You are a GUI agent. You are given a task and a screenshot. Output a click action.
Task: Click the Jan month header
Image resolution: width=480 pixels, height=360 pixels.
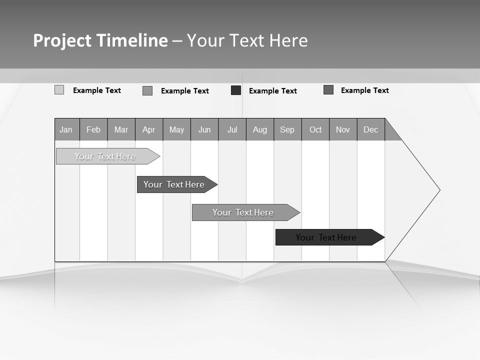66,129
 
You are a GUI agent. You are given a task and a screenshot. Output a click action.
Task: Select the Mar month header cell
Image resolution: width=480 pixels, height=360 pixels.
121,129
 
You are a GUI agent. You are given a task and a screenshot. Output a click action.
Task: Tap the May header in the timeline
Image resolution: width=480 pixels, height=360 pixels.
176,129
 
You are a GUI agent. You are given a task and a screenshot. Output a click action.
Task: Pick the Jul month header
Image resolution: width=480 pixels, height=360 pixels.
232,129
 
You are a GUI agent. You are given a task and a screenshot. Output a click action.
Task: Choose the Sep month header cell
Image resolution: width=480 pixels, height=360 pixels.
287,129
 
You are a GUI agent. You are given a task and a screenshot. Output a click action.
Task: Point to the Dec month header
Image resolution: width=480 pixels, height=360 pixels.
370,129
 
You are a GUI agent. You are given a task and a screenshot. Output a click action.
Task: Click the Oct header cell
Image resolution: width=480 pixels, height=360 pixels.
315,129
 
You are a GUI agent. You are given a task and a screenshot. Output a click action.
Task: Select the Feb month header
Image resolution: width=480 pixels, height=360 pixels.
93,129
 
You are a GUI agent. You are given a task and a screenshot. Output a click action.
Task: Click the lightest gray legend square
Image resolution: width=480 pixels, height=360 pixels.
59,90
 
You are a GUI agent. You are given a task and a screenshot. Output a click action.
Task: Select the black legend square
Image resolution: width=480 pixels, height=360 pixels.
236,90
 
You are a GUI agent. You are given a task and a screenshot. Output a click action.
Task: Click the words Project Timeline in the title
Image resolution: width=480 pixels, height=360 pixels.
100,40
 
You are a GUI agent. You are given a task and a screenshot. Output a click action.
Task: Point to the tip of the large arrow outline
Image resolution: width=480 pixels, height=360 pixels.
439,190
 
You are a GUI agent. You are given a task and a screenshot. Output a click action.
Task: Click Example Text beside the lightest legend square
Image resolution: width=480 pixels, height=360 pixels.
97,90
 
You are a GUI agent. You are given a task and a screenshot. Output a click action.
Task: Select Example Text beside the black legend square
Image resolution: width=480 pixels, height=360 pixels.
273,91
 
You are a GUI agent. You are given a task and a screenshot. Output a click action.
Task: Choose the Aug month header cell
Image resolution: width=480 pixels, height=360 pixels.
260,129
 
